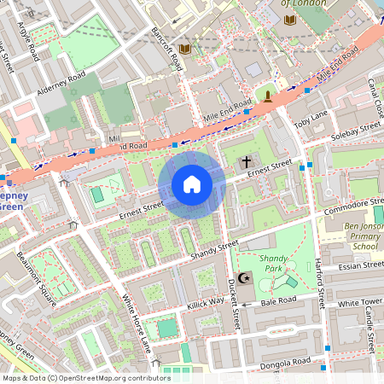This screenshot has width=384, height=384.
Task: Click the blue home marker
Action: pyautogui.click(x=192, y=184)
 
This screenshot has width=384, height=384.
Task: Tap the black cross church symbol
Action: pyautogui.click(x=247, y=161)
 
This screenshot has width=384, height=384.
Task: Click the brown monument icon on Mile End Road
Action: pyautogui.click(x=268, y=96)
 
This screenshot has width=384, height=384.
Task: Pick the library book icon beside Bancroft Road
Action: pyautogui.click(x=185, y=49)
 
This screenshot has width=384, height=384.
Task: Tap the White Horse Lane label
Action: pyautogui.click(x=136, y=323)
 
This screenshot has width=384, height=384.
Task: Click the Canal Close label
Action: pyautogui.click(x=376, y=95)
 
